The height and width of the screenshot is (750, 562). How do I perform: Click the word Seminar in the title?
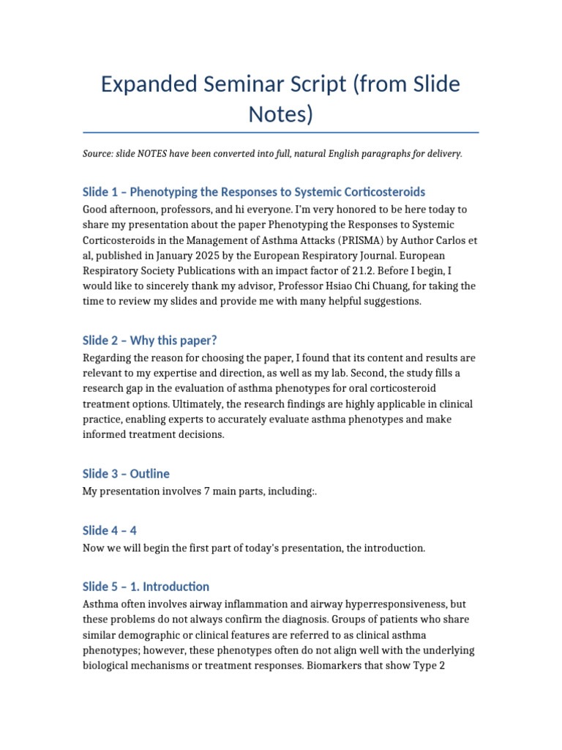[x=234, y=84]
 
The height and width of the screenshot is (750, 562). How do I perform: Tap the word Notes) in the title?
[x=281, y=114]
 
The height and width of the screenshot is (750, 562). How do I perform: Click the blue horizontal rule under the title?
[x=281, y=133]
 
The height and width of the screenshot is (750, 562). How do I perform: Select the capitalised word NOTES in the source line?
[x=151, y=154]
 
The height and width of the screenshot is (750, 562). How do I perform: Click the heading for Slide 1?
[x=253, y=192]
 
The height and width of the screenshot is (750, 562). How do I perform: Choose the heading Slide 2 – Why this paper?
[x=150, y=341]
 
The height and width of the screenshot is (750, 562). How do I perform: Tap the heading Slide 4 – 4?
[x=110, y=530]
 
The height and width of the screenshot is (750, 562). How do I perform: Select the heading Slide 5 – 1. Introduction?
[x=146, y=587]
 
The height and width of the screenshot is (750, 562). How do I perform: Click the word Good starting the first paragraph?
[x=96, y=209]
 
